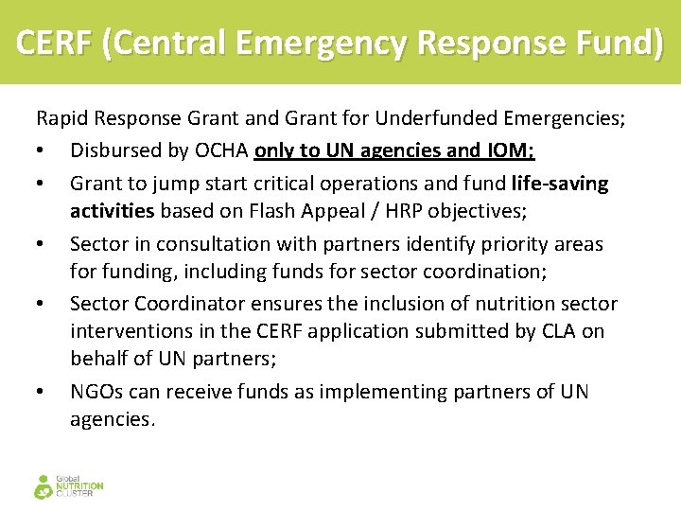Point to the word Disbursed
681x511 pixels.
[112, 150]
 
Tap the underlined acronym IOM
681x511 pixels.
[512, 150]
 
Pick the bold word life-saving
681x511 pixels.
[559, 182]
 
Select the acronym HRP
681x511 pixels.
[407, 211]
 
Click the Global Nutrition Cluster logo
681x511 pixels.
[68, 485]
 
